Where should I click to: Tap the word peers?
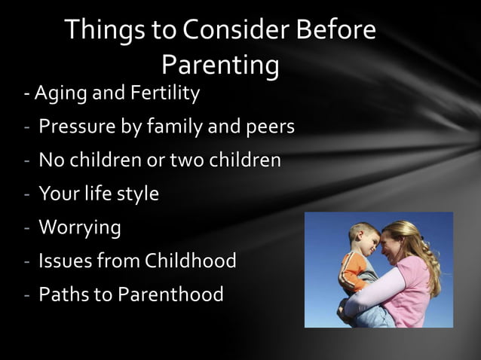[268, 127]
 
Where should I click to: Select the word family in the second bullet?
[174, 127]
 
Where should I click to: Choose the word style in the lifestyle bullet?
[138, 194]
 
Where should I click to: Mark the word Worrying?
[79, 227]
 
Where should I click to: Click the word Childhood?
[190, 261]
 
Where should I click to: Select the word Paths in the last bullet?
[63, 294]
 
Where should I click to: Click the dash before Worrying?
[26, 227]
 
